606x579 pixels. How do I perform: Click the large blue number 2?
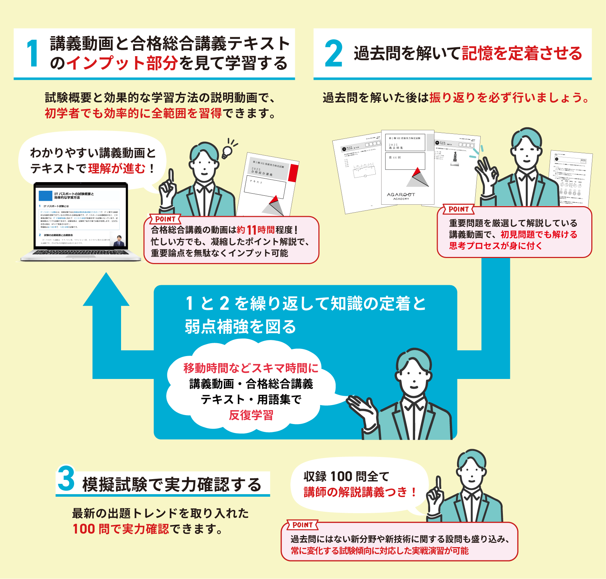333,54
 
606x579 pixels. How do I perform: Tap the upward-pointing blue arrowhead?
106,290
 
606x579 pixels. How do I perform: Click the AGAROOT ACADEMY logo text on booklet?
401,196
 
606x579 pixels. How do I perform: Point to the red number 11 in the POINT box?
252,230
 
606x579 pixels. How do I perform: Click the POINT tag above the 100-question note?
303,525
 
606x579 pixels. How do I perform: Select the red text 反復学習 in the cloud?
251,415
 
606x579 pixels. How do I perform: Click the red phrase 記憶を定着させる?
522,53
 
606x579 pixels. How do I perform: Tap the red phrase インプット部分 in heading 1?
122,63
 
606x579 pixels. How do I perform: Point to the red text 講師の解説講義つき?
356,492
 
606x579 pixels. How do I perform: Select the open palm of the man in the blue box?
362,406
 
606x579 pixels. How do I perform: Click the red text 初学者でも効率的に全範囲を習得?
133,113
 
